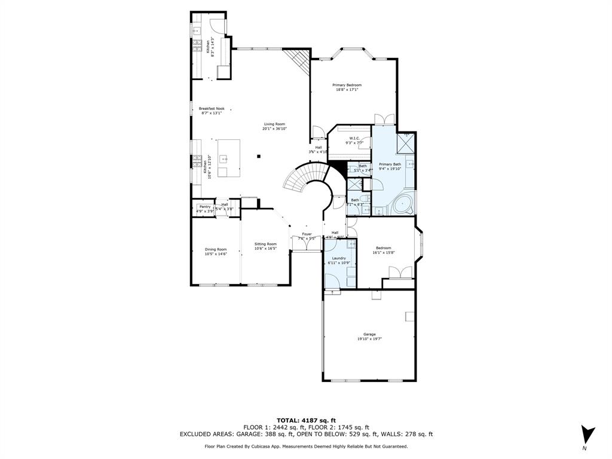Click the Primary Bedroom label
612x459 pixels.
click(x=347, y=85)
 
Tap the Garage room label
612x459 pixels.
click(x=369, y=334)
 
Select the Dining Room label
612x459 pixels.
click(x=216, y=249)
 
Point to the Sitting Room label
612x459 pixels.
click(x=265, y=244)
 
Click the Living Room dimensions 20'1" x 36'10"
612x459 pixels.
click(x=274, y=129)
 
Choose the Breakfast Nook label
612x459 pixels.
click(x=211, y=108)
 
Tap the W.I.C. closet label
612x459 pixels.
click(x=354, y=138)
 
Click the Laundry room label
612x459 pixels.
click(x=339, y=258)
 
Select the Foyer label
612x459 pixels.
click(x=307, y=234)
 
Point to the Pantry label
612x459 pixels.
click(x=205, y=206)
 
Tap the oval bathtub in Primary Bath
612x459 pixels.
click(x=403, y=206)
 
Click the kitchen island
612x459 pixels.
click(x=229, y=158)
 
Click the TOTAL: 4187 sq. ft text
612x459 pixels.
click(x=305, y=420)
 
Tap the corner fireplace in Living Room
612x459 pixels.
click(x=299, y=60)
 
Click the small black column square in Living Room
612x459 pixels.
click(x=259, y=157)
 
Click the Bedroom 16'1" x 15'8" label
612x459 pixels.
click(x=383, y=247)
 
